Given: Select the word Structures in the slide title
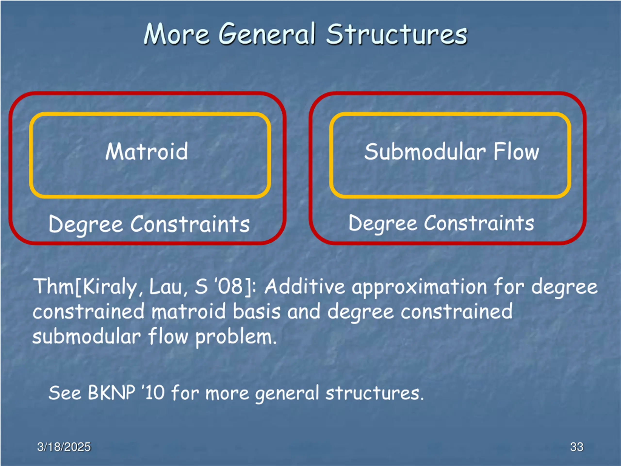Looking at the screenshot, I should (396, 34).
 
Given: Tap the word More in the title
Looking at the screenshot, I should (176, 34).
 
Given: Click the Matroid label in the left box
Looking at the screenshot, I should (147, 152).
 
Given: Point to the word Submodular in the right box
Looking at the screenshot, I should (425, 152).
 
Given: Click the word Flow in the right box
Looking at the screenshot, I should (516, 152).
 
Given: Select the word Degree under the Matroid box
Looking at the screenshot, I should (86, 225).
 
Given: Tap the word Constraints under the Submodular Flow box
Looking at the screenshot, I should (479, 224).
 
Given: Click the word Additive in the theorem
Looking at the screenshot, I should (305, 286).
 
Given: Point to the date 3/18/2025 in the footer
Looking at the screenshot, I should (64, 447).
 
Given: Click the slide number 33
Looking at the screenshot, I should (577, 447).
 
